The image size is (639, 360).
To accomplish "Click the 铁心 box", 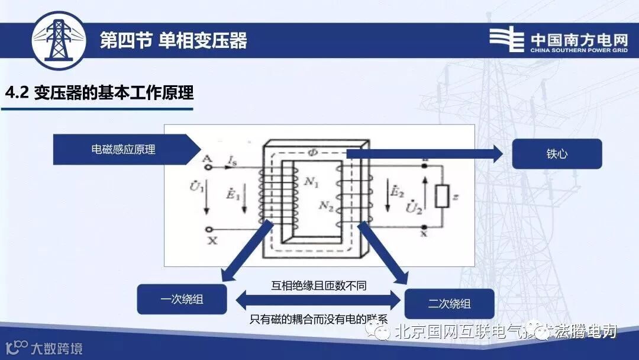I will tap(556, 154).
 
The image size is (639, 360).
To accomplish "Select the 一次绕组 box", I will tap(182, 299).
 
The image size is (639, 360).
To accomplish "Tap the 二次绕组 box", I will tap(449, 304).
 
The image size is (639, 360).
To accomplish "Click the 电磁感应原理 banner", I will tap(124, 150).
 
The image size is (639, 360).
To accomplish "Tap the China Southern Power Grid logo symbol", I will tap(506, 40).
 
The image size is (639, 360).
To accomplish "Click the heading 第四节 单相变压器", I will tap(173, 40).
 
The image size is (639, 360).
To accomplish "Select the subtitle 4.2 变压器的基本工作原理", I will tap(99, 94).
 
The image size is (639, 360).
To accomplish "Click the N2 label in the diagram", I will tap(325, 205).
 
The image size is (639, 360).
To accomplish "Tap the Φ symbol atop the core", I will tap(313, 152).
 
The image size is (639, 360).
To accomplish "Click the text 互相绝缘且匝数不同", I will tap(318, 285).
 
